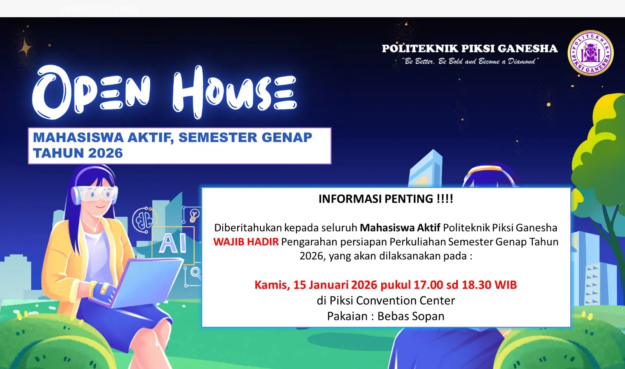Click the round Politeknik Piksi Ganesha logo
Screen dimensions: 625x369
point(590,53)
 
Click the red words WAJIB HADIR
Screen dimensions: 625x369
point(246,242)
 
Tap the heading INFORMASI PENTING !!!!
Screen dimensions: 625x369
point(386,199)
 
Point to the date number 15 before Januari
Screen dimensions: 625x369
point(300,285)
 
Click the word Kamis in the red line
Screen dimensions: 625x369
point(272,285)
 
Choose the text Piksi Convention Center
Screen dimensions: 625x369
point(392,301)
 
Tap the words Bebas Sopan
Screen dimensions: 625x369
point(411,316)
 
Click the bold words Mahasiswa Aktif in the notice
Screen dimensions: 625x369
point(400,228)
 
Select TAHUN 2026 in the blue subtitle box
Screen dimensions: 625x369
point(78,153)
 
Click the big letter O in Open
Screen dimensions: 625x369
point(50,92)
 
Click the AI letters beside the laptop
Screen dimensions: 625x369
point(173,243)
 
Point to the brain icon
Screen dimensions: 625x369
point(143,220)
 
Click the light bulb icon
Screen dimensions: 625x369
point(194,215)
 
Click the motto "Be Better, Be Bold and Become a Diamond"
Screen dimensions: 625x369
point(470,61)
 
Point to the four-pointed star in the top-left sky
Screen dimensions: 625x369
point(25,47)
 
